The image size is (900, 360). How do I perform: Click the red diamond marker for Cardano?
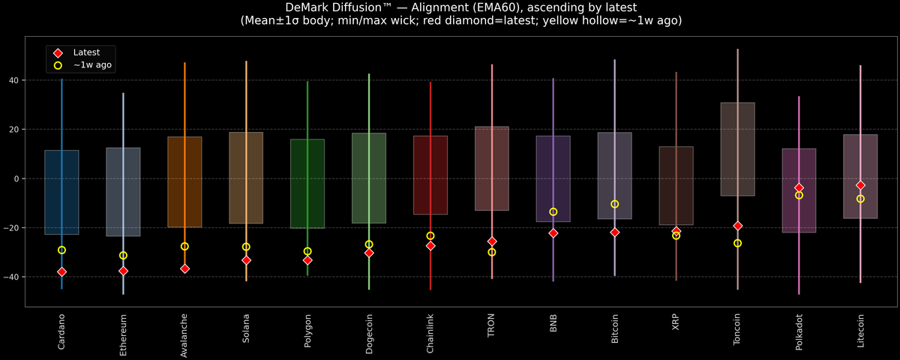61,271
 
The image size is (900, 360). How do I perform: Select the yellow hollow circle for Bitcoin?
615,204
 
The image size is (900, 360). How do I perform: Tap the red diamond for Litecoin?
860,185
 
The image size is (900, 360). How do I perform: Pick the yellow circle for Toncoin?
738,243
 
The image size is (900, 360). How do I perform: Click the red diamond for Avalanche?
184,268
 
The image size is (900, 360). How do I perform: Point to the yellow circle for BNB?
553,211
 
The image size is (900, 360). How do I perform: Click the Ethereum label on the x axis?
123,336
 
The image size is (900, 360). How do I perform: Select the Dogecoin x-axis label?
369,336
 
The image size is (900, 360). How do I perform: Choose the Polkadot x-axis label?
799,334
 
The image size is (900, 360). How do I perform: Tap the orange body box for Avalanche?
184,181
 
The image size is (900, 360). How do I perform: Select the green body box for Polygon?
307,183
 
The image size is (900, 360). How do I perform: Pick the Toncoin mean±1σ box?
738,148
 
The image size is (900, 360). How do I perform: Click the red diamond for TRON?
492,241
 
